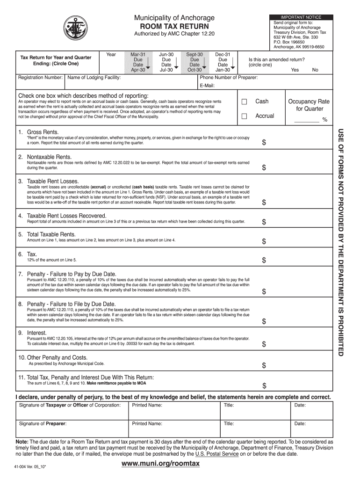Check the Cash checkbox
(x=244, y=102)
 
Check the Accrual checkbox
(x=244, y=116)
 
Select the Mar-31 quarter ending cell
(x=138, y=62)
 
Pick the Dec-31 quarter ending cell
(x=223, y=62)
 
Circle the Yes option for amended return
(x=295, y=70)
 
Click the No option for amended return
(x=315, y=70)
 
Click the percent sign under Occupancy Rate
(x=324, y=120)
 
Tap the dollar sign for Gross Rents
(x=264, y=142)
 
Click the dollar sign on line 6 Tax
(x=264, y=260)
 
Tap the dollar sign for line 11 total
(x=264, y=386)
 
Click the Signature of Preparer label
(x=43, y=424)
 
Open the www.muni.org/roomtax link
(x=160, y=464)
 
